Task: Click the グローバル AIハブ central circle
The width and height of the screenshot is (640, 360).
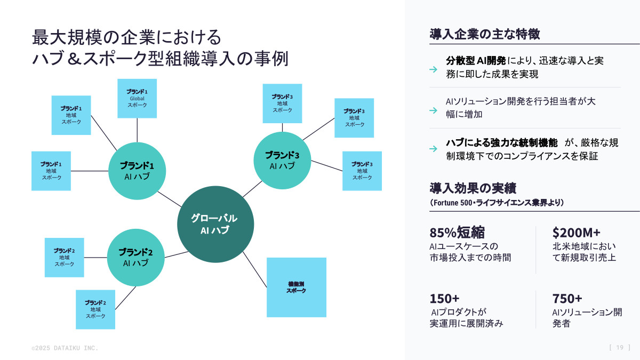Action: [x=214, y=225]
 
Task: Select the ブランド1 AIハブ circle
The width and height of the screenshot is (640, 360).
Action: [x=137, y=171]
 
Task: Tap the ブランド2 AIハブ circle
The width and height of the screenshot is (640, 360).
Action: [x=135, y=258]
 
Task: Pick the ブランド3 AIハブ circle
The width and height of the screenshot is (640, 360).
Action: [x=282, y=160]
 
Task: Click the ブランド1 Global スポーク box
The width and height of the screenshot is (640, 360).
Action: [x=137, y=98]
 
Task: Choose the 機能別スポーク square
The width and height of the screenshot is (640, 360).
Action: [x=296, y=287]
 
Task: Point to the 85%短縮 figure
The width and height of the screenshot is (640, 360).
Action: [x=457, y=233]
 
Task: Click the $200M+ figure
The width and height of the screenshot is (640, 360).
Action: [x=577, y=233]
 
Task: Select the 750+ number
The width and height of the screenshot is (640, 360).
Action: [x=567, y=298]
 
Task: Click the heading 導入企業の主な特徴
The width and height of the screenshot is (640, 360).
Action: [x=485, y=35]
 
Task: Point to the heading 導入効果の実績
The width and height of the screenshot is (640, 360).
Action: [x=473, y=188]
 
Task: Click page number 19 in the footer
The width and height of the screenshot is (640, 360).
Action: [x=620, y=348]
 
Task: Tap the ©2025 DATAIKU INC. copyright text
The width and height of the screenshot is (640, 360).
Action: [x=65, y=348]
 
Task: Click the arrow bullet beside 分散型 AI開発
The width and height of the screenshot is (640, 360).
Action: [x=434, y=69]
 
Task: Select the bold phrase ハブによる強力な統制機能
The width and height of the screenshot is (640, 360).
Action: [x=501, y=143]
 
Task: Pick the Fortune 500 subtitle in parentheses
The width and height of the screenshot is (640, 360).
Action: [x=497, y=203]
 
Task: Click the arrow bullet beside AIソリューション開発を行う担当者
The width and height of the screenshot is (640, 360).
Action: [x=434, y=110]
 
